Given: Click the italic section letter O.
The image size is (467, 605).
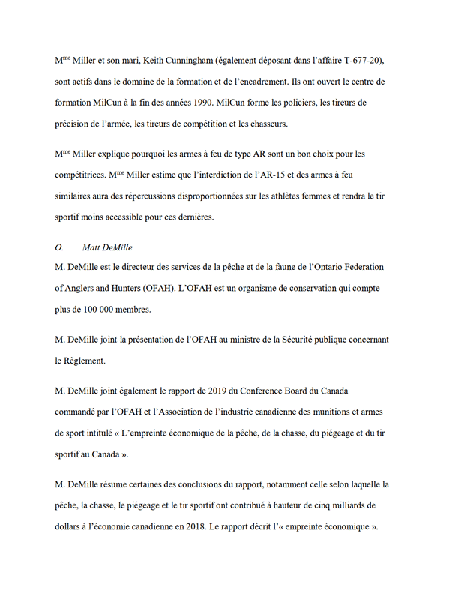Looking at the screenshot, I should tap(60, 247).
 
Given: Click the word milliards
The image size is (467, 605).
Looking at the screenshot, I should tap(357, 506).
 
